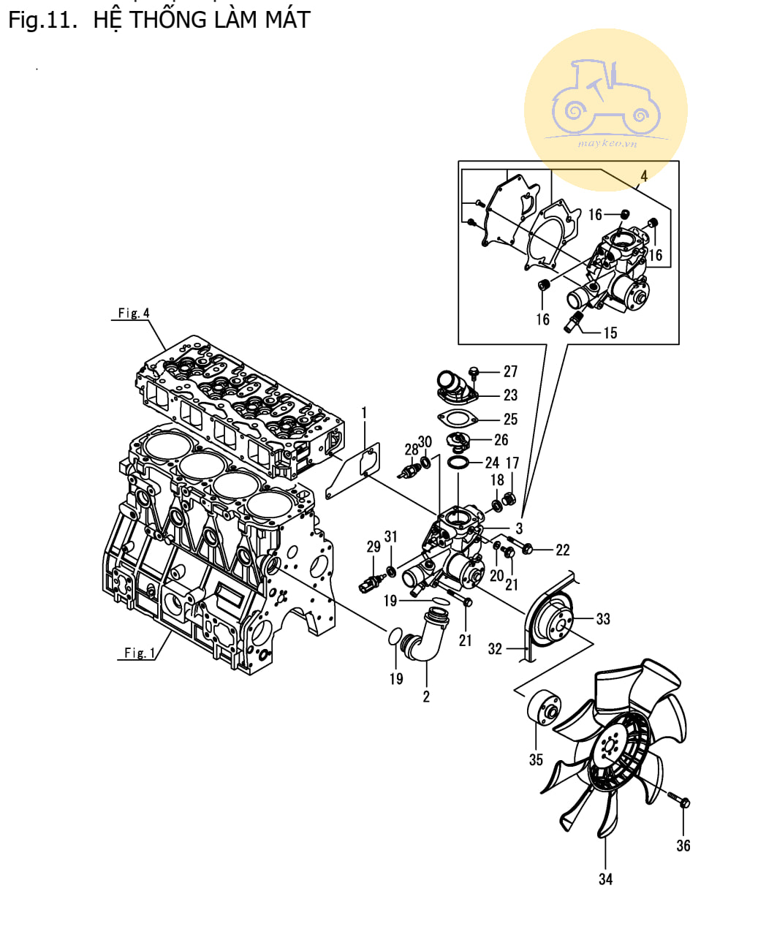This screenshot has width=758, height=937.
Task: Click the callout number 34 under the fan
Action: pos(605,879)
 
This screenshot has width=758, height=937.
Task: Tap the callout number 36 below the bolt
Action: pos(683,845)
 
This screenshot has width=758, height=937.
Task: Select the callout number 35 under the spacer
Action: pos(535,759)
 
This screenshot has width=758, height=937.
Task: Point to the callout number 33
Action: pos(603,619)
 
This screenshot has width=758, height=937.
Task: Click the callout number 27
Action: pos(510,371)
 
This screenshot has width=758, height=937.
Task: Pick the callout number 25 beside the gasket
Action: pos(510,419)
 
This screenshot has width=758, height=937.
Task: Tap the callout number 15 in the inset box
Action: pos(610,333)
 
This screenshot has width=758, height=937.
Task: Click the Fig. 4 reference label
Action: pos(134,313)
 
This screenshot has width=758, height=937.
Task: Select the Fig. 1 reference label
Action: pos(140,653)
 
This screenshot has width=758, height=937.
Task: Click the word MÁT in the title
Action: pos(288,20)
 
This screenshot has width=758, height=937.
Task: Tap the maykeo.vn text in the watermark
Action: pos(607,143)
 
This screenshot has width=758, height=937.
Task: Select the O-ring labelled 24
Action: pos(458,463)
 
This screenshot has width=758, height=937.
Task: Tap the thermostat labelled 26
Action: pos(458,441)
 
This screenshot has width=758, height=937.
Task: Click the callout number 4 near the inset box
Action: pos(644,176)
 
